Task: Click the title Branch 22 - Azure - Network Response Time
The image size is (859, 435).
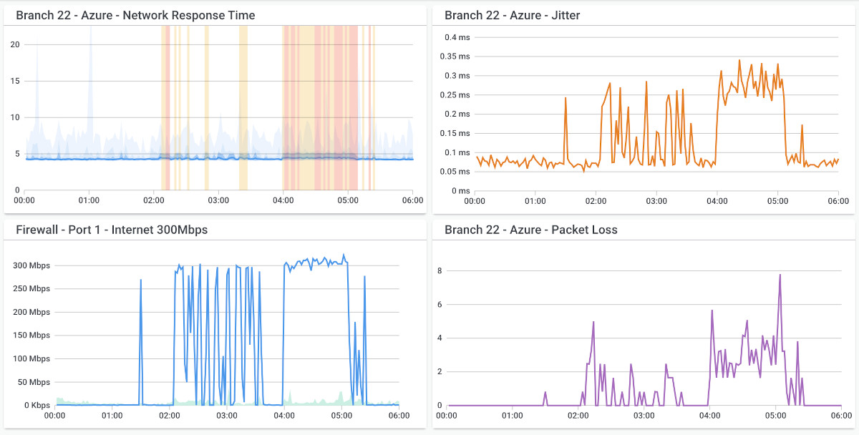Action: tap(135, 15)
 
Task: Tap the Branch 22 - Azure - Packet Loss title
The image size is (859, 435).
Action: tap(530, 230)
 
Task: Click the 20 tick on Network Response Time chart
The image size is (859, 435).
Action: tap(15, 44)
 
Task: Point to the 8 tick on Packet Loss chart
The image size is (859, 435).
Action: tap(439, 270)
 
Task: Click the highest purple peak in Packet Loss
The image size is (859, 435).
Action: tap(780, 275)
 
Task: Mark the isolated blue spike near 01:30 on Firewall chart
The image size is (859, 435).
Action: tap(140, 281)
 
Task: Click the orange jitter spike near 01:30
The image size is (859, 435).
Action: tap(566, 99)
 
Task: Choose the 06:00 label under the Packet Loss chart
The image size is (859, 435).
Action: tap(841, 415)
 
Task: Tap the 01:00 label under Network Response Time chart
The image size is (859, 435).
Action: tap(89, 200)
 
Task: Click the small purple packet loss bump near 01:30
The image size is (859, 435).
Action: tap(545, 393)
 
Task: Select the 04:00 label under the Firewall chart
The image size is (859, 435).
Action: tap(284, 415)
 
